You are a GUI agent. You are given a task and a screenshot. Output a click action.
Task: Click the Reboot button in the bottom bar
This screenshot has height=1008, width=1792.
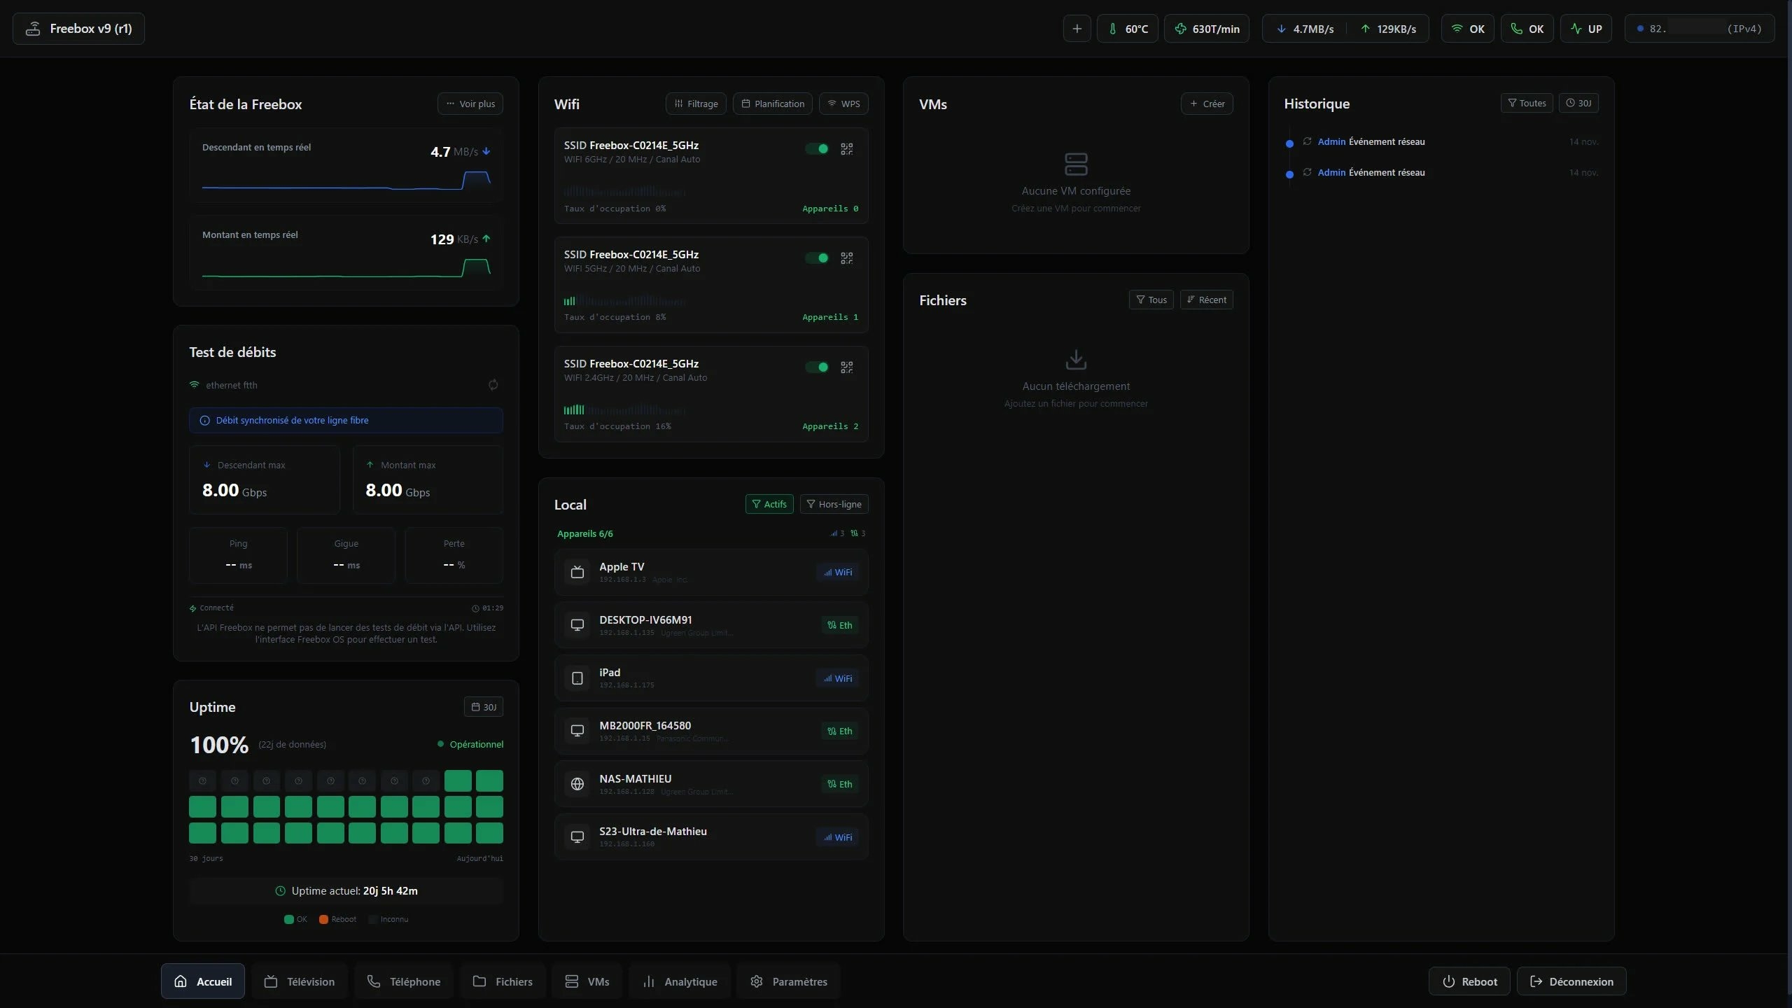(1469, 981)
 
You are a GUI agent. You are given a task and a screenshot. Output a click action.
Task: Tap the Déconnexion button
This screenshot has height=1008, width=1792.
(1571, 981)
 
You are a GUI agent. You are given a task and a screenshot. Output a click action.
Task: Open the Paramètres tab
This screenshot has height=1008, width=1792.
(788, 981)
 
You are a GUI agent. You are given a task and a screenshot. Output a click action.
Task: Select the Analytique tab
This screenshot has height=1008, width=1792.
(680, 981)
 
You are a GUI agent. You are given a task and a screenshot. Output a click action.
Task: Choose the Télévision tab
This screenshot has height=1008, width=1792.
(300, 981)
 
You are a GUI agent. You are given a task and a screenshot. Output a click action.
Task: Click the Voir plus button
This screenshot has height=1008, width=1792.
(470, 104)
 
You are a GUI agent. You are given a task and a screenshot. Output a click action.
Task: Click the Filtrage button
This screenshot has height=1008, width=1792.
(696, 104)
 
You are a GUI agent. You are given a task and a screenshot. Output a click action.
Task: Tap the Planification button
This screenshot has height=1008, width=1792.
(773, 104)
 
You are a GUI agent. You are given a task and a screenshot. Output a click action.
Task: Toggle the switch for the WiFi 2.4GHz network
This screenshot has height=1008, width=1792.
(817, 367)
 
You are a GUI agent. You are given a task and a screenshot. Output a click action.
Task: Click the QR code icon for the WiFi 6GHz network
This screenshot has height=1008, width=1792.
(847, 149)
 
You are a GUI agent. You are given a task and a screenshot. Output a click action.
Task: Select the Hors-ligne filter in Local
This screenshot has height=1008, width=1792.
(834, 504)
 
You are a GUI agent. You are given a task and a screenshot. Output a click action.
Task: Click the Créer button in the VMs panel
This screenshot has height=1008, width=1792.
(1207, 104)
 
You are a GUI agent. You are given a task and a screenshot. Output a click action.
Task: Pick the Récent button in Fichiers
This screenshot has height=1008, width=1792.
(1207, 300)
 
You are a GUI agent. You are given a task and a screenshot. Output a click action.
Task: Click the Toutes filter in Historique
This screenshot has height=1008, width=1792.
(1527, 103)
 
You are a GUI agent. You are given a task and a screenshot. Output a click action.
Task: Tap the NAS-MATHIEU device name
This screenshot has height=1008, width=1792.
(635, 778)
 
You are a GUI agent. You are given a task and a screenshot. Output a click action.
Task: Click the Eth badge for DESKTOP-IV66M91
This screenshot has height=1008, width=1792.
(840, 625)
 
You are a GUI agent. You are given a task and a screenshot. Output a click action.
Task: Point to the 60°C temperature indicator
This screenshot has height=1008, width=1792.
(1128, 29)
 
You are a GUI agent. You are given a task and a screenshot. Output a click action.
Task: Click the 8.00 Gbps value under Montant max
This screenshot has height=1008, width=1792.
(398, 490)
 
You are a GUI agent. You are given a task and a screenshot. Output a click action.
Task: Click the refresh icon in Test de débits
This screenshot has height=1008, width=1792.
(493, 385)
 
